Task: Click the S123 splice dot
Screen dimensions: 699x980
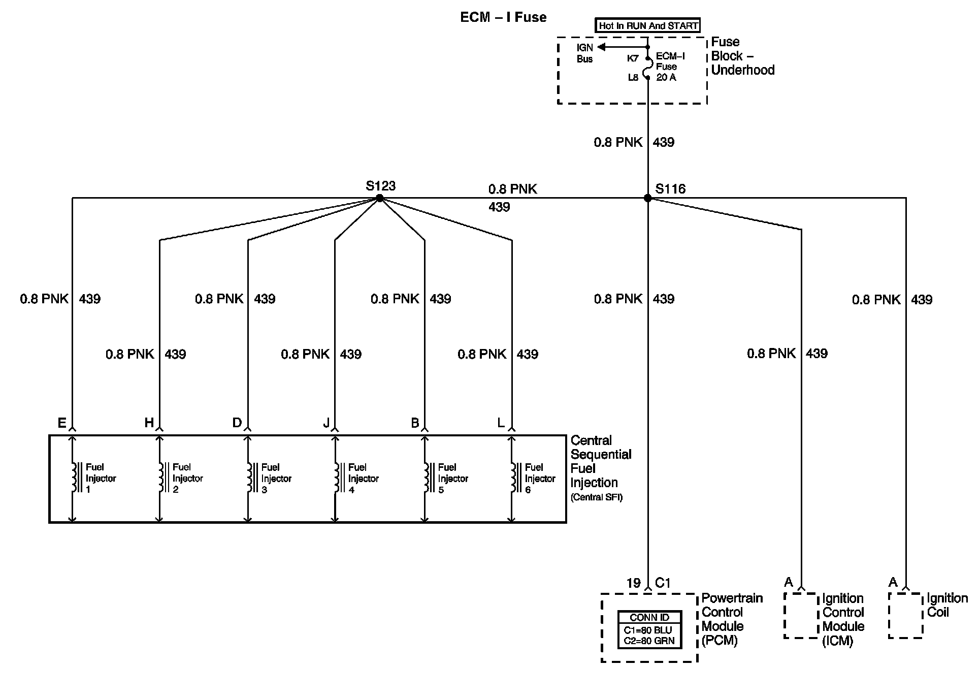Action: pyautogui.click(x=379, y=198)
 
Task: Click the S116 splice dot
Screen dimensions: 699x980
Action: pyautogui.click(x=647, y=198)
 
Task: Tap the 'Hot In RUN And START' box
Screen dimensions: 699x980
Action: pyautogui.click(x=648, y=25)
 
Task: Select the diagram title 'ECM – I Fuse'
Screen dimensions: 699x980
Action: pyautogui.click(x=503, y=17)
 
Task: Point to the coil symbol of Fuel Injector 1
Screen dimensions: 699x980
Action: pyautogui.click(x=74, y=478)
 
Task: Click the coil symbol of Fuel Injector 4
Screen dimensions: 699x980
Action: pyautogui.click(x=337, y=478)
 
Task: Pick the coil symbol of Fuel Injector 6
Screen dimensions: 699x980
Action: pyautogui.click(x=513, y=478)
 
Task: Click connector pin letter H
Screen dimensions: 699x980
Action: pyautogui.click(x=149, y=423)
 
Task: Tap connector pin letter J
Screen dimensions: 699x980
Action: pyautogui.click(x=326, y=423)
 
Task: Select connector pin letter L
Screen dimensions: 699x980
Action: pyautogui.click(x=501, y=423)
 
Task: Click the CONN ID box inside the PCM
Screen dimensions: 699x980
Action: pyautogui.click(x=649, y=630)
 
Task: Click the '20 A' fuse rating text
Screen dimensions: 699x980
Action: pyautogui.click(x=666, y=78)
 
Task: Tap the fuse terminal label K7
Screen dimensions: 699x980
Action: pyautogui.click(x=632, y=58)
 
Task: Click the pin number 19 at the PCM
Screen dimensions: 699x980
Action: pyautogui.click(x=633, y=583)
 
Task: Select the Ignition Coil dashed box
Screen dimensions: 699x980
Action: pyautogui.click(x=905, y=615)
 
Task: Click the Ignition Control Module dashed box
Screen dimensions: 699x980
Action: pyautogui.click(x=801, y=615)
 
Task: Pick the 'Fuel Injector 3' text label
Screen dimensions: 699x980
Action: pyautogui.click(x=276, y=478)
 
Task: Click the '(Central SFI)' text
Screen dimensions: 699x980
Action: pyautogui.click(x=596, y=497)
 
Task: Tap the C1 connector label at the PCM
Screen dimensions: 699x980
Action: pyautogui.click(x=663, y=583)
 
